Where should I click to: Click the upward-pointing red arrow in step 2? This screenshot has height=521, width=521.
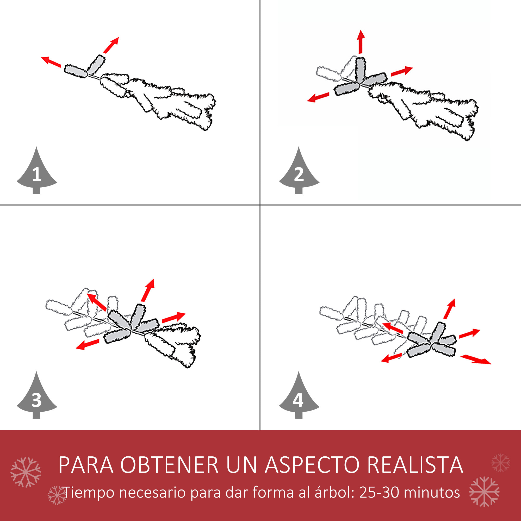(361, 42)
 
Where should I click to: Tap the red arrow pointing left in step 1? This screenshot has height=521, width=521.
(51, 62)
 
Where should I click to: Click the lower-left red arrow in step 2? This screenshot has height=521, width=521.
(318, 97)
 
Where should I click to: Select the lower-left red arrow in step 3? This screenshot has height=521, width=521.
(87, 344)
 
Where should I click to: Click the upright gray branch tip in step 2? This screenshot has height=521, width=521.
(360, 70)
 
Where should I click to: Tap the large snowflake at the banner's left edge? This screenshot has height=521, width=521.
(26, 472)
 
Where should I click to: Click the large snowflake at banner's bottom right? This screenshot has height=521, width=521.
(484, 492)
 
